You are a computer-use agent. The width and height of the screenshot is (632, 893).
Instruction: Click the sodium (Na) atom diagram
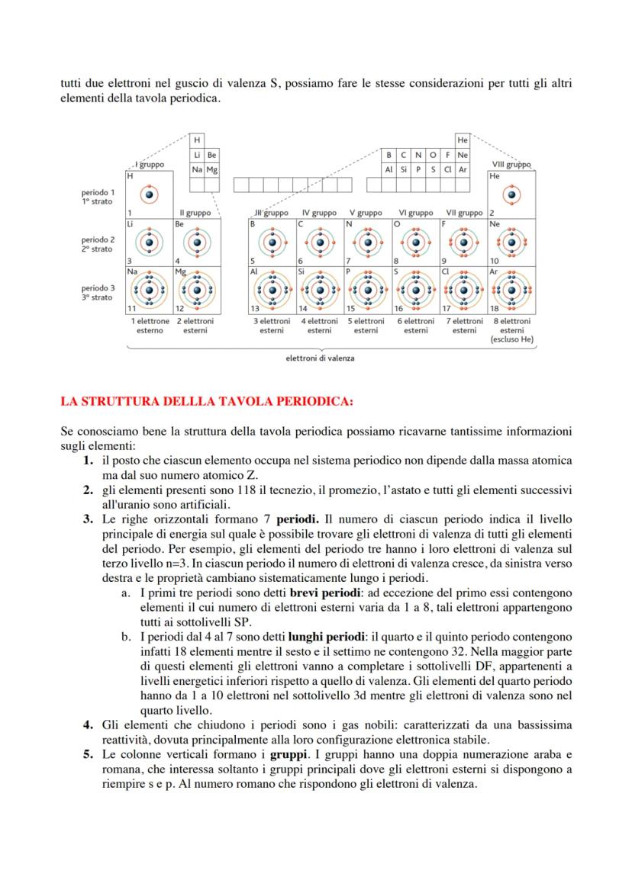click(150, 290)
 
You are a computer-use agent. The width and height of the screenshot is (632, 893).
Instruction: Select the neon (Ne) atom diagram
click(512, 243)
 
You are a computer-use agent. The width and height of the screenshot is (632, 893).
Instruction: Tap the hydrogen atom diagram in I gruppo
click(150, 195)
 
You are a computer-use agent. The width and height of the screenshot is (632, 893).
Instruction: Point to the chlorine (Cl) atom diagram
click(464, 290)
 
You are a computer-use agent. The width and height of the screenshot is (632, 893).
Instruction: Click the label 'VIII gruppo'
click(511, 165)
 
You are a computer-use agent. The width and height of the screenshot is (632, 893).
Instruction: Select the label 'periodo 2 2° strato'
click(98, 244)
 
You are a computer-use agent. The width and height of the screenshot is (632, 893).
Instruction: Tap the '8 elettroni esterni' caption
click(512, 326)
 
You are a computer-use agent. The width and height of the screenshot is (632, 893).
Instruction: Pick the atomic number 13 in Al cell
click(255, 309)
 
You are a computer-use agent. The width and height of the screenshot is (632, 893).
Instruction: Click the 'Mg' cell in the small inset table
click(212, 169)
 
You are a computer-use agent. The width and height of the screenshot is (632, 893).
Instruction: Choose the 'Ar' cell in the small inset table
click(463, 169)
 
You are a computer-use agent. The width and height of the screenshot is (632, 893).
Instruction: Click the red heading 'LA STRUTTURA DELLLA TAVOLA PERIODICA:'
click(206, 400)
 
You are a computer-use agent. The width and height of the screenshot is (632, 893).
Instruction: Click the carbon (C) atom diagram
click(320, 243)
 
